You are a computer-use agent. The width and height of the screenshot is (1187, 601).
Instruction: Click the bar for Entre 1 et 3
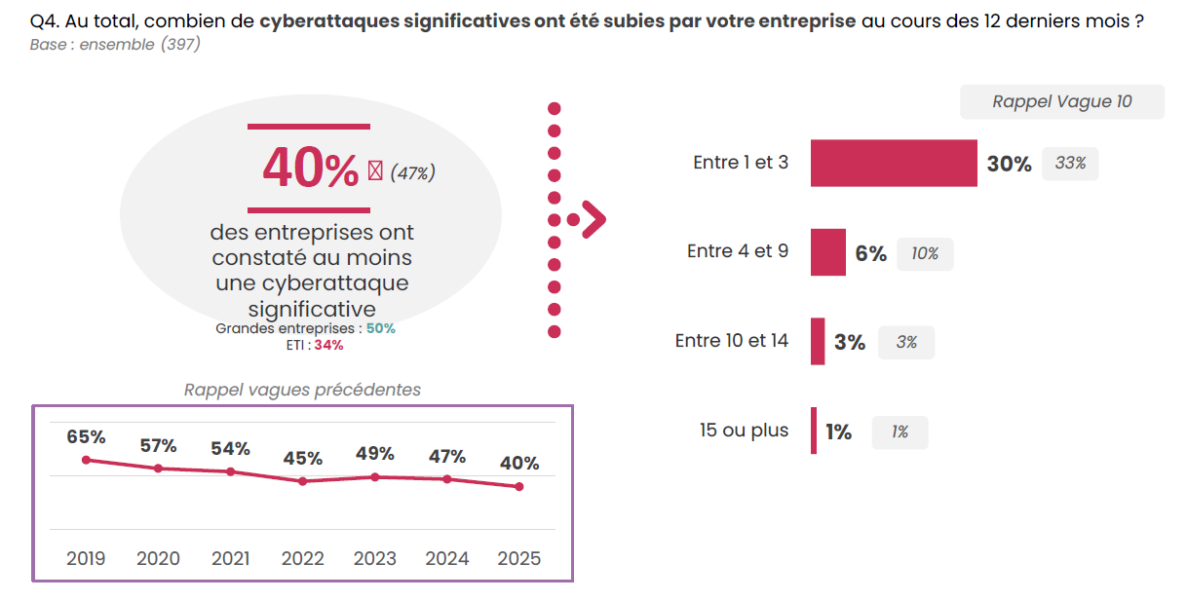894,163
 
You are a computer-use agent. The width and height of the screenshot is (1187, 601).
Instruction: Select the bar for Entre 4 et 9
827,252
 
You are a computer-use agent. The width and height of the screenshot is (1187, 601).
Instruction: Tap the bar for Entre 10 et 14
818,342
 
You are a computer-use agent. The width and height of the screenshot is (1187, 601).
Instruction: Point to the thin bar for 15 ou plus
814,431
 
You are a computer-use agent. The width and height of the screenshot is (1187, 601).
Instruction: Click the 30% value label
1009,164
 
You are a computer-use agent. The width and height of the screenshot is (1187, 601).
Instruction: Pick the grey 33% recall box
1070,164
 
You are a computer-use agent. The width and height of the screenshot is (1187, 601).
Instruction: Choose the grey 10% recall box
925,253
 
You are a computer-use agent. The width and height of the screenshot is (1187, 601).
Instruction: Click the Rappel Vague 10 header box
1061,101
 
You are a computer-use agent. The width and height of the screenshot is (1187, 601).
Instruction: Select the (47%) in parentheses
412,172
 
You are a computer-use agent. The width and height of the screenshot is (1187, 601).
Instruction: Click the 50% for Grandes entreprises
381,328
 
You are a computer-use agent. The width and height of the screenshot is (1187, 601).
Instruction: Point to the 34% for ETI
328,345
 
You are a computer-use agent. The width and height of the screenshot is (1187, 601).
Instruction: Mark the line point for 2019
86,460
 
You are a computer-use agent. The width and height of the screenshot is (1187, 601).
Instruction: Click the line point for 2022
303,481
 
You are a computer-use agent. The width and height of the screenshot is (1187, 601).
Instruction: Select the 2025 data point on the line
519,486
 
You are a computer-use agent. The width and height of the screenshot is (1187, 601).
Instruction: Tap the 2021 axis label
230,558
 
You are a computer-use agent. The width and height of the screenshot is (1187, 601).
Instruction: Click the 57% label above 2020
158,446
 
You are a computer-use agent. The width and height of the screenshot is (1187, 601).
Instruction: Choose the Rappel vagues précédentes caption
302,390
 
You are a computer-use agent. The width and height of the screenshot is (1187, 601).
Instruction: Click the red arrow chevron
593,219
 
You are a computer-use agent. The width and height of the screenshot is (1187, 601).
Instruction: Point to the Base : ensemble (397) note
115,44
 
